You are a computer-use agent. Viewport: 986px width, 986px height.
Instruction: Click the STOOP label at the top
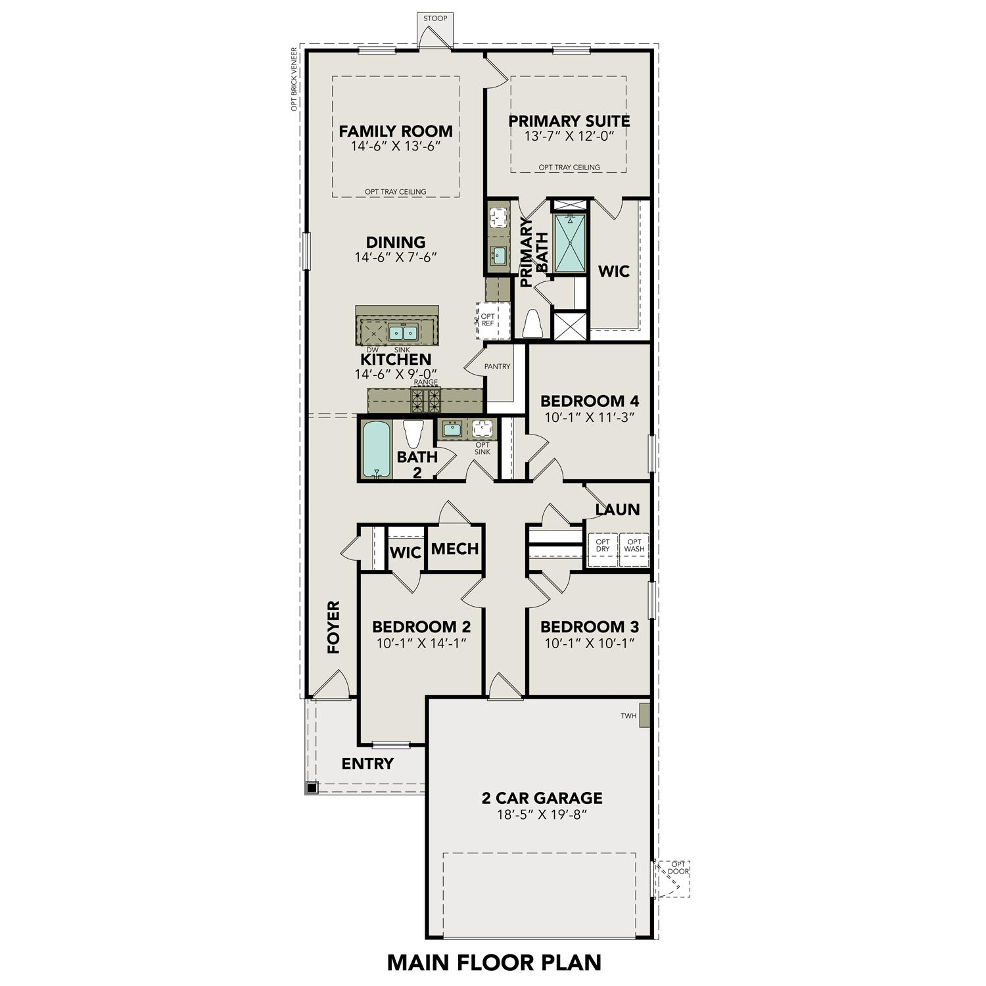(x=435, y=18)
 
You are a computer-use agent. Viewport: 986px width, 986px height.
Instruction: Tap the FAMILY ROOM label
(x=396, y=131)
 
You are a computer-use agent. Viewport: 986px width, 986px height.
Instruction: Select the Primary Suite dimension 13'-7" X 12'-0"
(x=569, y=137)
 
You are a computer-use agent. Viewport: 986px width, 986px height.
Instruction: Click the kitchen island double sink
(x=403, y=332)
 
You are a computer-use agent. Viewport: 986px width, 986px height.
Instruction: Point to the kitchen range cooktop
(x=426, y=398)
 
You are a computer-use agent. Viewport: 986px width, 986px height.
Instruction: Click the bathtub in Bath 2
(x=376, y=449)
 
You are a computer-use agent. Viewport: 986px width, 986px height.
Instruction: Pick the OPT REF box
(x=488, y=320)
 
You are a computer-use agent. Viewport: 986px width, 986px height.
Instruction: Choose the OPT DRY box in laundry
(x=603, y=546)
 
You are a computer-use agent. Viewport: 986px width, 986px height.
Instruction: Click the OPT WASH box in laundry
(x=634, y=546)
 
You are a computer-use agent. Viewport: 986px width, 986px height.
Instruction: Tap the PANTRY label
(x=497, y=366)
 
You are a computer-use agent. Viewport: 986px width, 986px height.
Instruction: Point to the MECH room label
(x=455, y=548)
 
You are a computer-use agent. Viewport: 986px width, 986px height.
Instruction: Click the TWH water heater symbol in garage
(x=644, y=716)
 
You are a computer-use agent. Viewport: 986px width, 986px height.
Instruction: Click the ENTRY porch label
(x=367, y=764)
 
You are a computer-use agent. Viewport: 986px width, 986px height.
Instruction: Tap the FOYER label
(x=334, y=627)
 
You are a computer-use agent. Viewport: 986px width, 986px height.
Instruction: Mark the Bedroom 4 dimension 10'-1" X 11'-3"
(x=589, y=417)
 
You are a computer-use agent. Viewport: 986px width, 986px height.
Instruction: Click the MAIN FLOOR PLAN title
(x=494, y=962)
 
